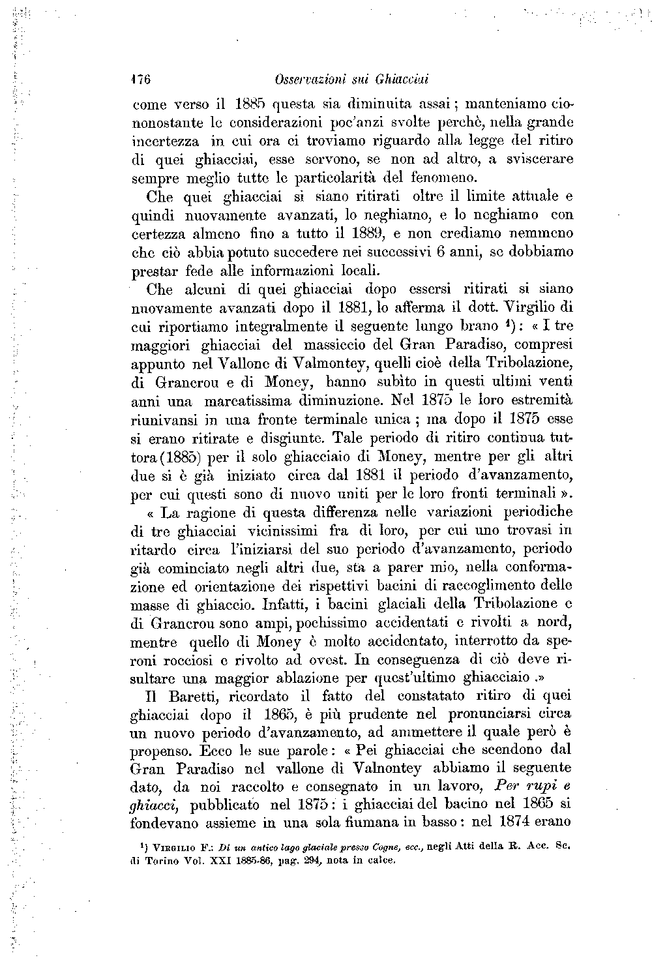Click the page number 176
coord(141,80)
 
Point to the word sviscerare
coord(540,159)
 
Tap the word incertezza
coord(168,141)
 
